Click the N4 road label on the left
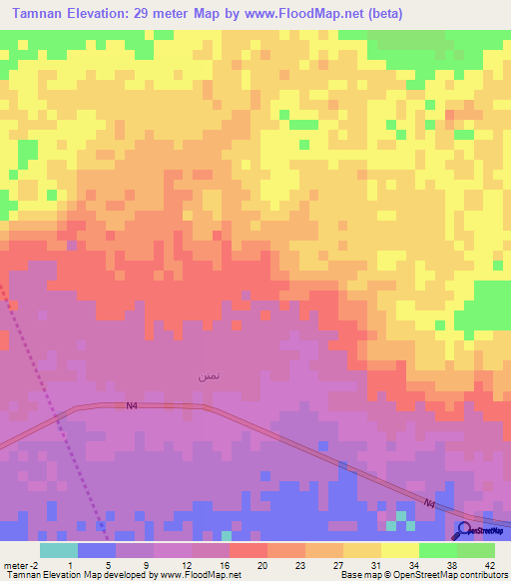coord(132,405)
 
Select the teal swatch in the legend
coord(59,550)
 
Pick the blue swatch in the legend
coord(97,550)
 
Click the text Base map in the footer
coord(362,575)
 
